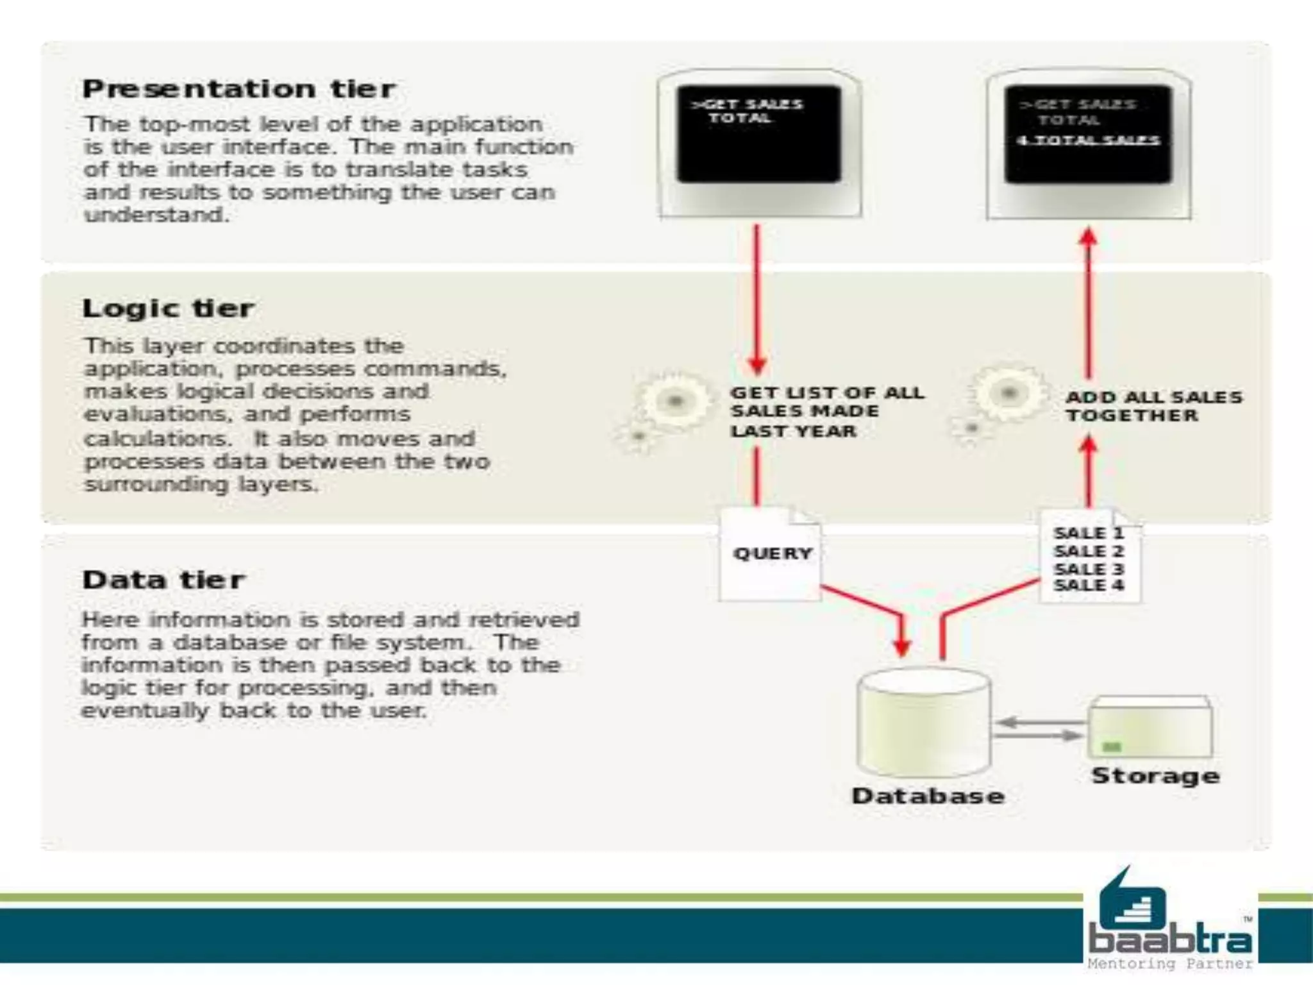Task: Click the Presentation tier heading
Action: pyautogui.click(x=238, y=89)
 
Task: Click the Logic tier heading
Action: pyautogui.click(x=168, y=308)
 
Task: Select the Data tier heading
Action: pyautogui.click(x=163, y=580)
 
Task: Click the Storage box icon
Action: pyautogui.click(x=1150, y=728)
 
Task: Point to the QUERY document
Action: pyautogui.click(x=771, y=554)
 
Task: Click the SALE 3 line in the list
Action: pyautogui.click(x=1088, y=569)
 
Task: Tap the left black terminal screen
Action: pyautogui.click(x=758, y=133)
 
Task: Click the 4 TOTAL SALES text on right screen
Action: pyautogui.click(x=1088, y=140)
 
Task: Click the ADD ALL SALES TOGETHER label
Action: pyautogui.click(x=1153, y=406)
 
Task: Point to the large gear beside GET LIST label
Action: pyautogui.click(x=674, y=401)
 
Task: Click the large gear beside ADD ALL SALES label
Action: pyautogui.click(x=1009, y=392)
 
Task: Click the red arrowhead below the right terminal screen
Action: pyautogui.click(x=1088, y=237)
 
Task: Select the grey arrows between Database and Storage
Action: pyautogui.click(x=1039, y=729)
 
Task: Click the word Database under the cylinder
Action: pyautogui.click(x=927, y=796)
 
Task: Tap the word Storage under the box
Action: pyautogui.click(x=1155, y=776)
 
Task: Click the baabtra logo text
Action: pyautogui.click(x=1169, y=939)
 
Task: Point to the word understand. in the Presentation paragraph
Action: pyautogui.click(x=156, y=215)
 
